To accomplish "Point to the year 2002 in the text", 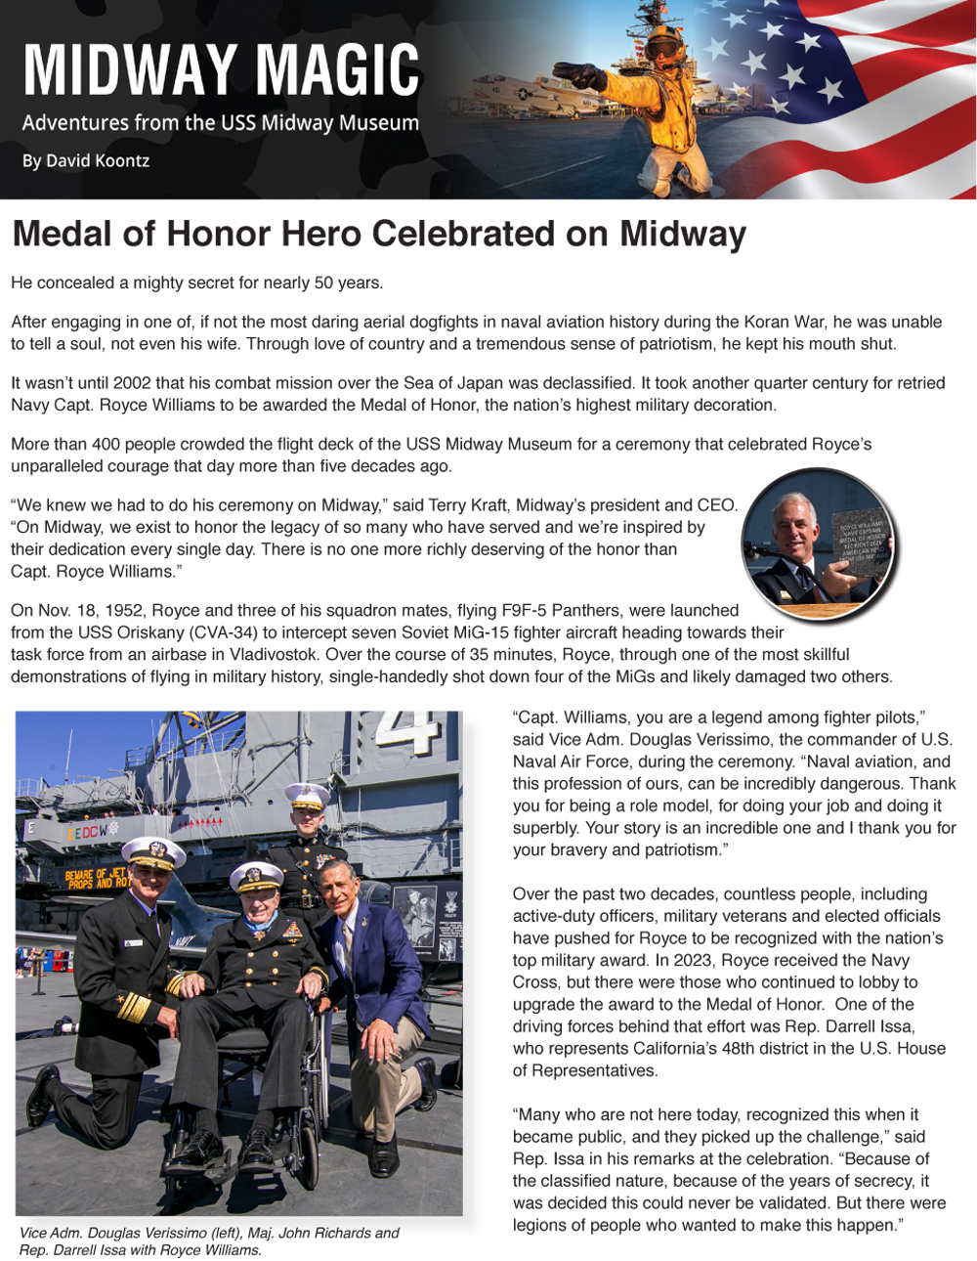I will (132, 383).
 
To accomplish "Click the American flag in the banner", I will (860, 88).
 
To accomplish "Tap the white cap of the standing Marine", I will (307, 795).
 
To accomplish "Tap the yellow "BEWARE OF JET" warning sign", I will (96, 878).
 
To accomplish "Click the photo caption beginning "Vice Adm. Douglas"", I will (209, 1240).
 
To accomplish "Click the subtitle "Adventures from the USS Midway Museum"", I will (221, 123).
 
